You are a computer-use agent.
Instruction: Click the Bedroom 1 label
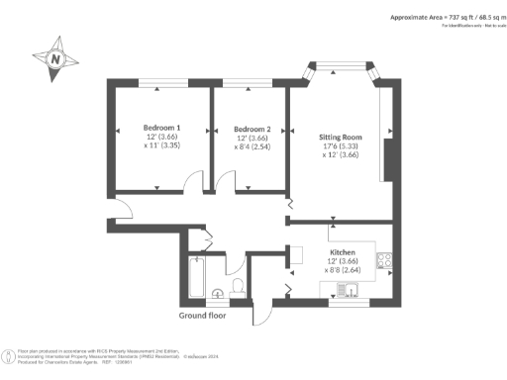click(x=161, y=128)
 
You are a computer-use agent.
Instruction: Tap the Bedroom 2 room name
click(x=252, y=129)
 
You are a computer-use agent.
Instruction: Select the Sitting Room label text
click(x=340, y=137)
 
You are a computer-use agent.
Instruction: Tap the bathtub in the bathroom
click(x=197, y=279)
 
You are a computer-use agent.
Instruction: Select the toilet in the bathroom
click(x=237, y=287)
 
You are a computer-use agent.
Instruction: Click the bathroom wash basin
click(x=219, y=293)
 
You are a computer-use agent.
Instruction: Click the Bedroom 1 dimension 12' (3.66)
click(x=161, y=139)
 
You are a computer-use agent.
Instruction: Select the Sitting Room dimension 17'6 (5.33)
click(x=340, y=147)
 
